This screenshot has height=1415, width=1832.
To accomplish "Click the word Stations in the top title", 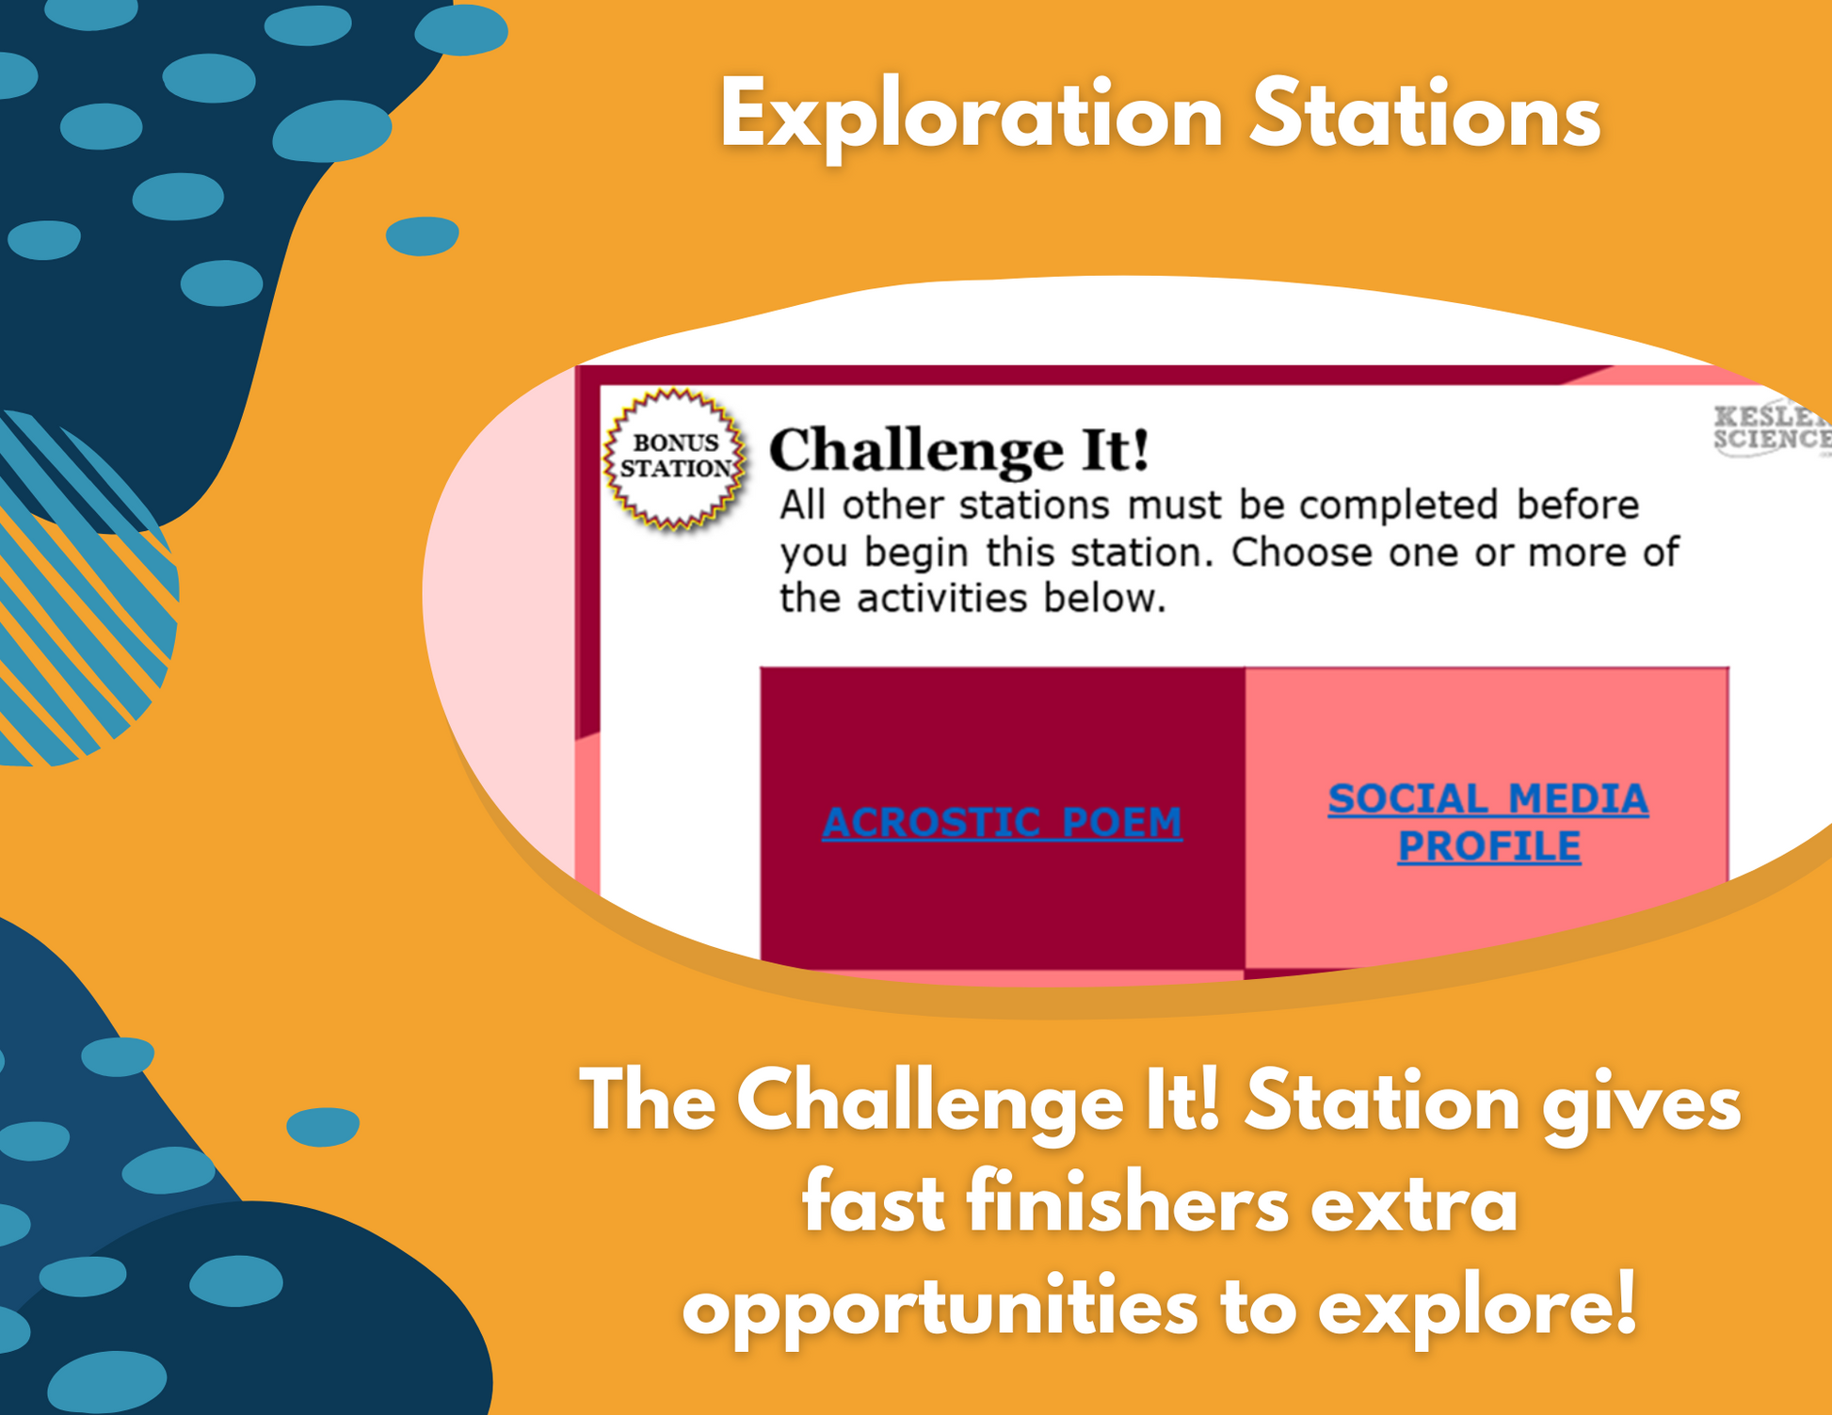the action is point(1424,115).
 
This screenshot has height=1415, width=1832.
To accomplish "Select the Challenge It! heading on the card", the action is point(958,449).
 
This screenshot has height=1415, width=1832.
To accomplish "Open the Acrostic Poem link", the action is point(1002,822).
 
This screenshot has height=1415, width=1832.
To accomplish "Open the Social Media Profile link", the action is point(1488,822).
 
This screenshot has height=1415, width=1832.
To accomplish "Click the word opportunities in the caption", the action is point(940,1308).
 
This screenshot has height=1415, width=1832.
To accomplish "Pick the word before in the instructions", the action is point(1578,506).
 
